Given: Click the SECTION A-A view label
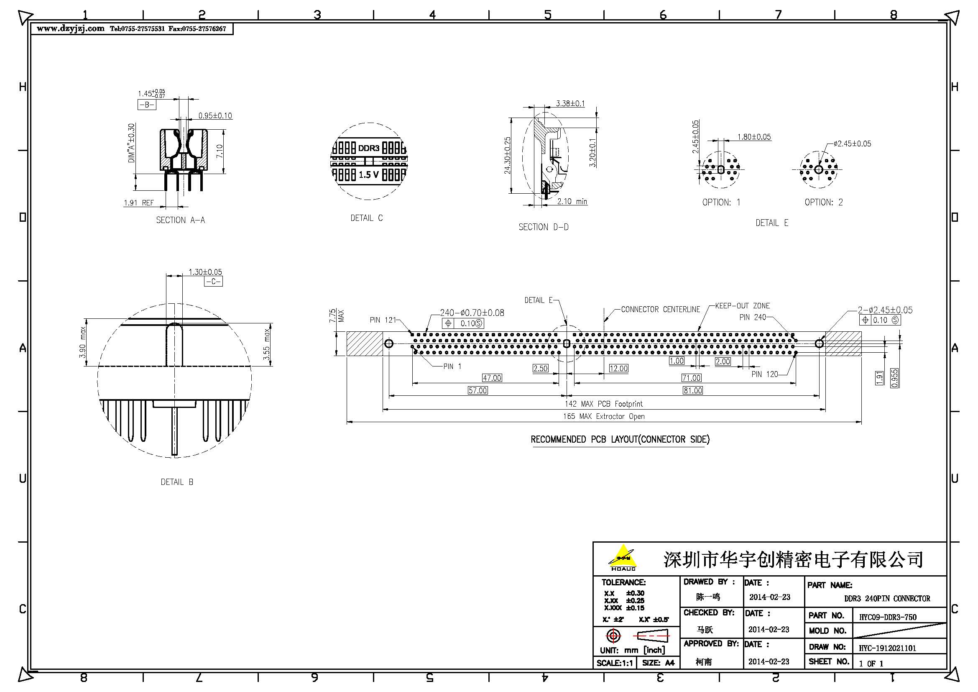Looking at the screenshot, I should [180, 220].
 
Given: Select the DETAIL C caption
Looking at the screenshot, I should [366, 218].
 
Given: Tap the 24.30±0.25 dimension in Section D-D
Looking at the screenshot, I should [507, 156].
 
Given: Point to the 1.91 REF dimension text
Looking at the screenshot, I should [138, 203].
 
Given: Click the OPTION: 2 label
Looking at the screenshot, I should [823, 202].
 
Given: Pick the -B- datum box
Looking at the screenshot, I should [146, 105].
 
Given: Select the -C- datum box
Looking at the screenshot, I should [213, 282].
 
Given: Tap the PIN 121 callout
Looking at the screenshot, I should [383, 320].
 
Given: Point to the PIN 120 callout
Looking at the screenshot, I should [765, 374].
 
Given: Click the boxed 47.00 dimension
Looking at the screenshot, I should [492, 378].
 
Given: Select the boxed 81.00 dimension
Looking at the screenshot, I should [692, 390].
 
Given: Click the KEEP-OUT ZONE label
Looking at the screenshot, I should [742, 306].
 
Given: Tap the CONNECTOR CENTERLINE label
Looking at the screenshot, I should [660, 309].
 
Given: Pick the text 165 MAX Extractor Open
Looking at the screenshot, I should [604, 416].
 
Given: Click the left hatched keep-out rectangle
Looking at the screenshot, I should [364, 343].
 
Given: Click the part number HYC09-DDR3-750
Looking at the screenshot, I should [887, 617].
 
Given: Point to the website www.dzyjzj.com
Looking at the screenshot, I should [70, 28].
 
